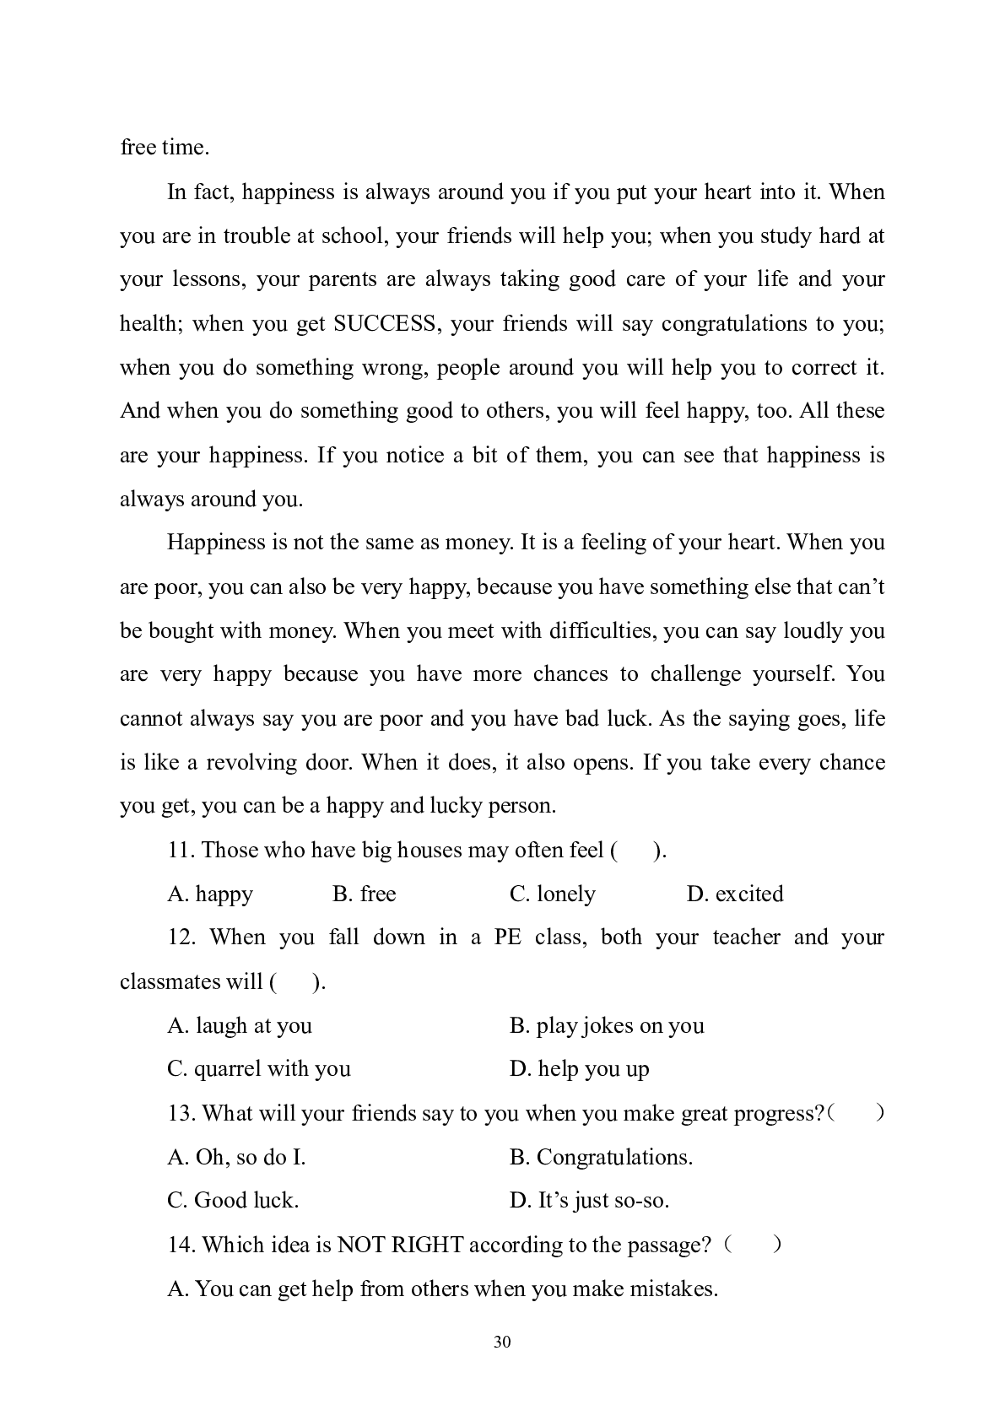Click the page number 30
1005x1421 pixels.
pyautogui.click(x=502, y=1343)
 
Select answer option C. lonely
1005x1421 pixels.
pyautogui.click(x=553, y=894)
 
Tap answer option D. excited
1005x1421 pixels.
pyautogui.click(x=735, y=894)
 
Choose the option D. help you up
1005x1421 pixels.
pyautogui.click(x=580, y=1069)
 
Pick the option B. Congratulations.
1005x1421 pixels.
pyautogui.click(x=601, y=1157)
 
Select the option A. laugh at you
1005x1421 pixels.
pyautogui.click(x=240, y=1025)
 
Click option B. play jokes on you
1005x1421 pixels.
pyautogui.click(x=607, y=1025)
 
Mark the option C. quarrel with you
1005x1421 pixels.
pyautogui.click(x=259, y=1069)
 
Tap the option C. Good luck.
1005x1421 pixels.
pyautogui.click(x=233, y=1201)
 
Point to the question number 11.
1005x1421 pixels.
pyautogui.click(x=181, y=850)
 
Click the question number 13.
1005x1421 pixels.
pyautogui.click(x=181, y=1113)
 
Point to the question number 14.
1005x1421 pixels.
pyautogui.click(x=181, y=1245)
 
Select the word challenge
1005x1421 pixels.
pyautogui.click(x=692, y=674)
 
